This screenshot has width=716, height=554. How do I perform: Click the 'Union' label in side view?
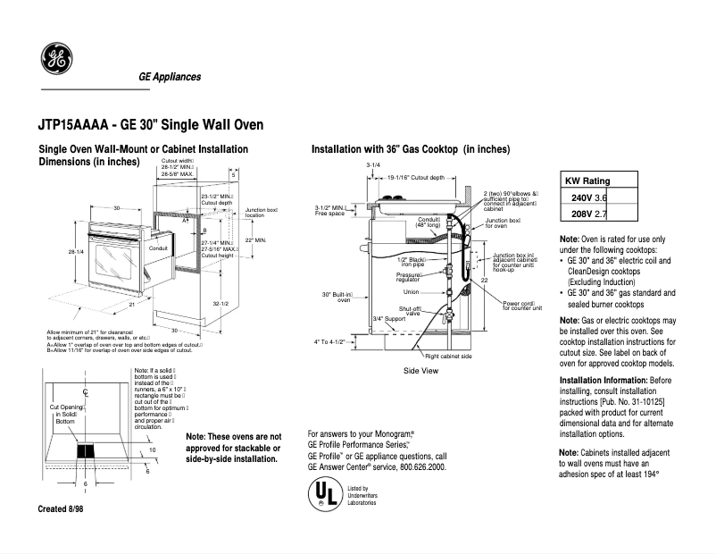pyautogui.click(x=411, y=291)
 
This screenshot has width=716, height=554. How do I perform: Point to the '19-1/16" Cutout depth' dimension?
pyautogui.click(x=415, y=178)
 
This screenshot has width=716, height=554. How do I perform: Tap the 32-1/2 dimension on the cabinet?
pyautogui.click(x=221, y=304)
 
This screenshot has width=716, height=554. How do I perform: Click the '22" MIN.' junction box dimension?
pyautogui.click(x=254, y=240)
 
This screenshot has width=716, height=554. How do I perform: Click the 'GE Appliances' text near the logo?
pyautogui.click(x=170, y=77)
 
